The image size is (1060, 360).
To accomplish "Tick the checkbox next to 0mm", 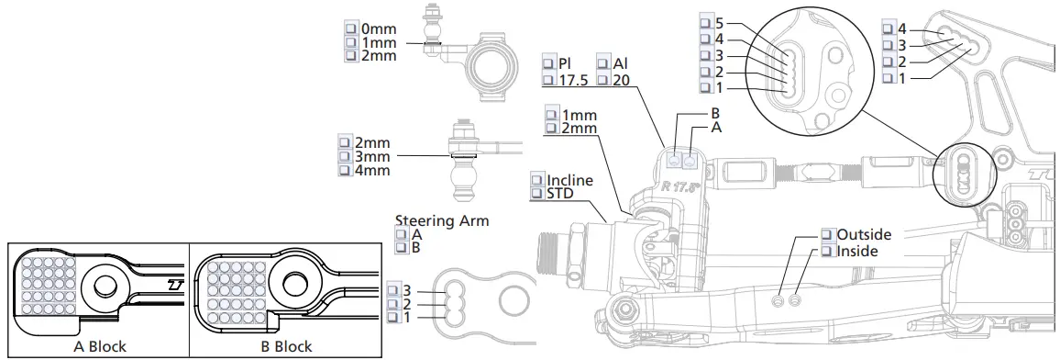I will point(350,28).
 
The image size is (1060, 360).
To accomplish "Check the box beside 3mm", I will point(345,157).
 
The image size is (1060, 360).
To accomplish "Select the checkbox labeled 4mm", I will point(345,171).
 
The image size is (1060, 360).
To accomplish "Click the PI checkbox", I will point(549,63).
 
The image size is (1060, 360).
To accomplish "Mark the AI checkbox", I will point(604,63).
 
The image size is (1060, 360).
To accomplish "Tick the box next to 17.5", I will point(549,80).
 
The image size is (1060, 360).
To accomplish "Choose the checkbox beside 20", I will point(604,80).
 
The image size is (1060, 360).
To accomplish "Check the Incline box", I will point(537,179).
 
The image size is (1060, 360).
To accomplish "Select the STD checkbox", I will point(537,194).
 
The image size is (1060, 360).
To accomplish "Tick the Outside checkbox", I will point(827,235).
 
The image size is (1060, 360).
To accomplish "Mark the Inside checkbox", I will point(827,251).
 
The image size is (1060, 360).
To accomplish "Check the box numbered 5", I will point(705,24).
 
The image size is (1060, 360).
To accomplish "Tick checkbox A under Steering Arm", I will point(402,234).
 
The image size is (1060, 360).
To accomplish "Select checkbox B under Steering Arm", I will point(402,248).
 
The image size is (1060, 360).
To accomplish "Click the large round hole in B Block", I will point(295,284).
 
